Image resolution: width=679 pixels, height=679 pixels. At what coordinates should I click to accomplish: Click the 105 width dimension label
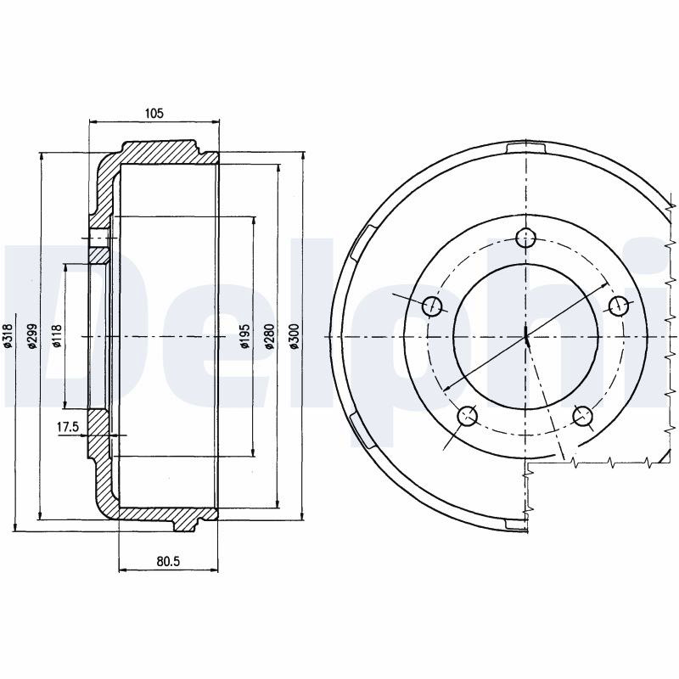[x=154, y=114]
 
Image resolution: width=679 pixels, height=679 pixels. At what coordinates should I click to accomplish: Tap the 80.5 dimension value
[x=168, y=561]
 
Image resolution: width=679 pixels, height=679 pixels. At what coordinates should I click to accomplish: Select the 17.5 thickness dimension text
[x=68, y=428]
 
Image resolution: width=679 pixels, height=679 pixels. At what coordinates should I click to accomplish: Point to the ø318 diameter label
[x=8, y=336]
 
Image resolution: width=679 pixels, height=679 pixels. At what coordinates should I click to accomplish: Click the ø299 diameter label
[x=31, y=336]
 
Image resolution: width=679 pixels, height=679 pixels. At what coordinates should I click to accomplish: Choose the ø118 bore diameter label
[x=57, y=336]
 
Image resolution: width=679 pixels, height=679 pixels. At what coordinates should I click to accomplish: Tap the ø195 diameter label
[x=245, y=336]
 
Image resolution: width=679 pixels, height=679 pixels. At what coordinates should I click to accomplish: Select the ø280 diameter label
[x=269, y=336]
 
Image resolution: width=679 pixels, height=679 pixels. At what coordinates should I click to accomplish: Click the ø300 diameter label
[x=294, y=336]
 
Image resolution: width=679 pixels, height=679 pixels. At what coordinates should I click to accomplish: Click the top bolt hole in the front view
[x=526, y=238]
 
